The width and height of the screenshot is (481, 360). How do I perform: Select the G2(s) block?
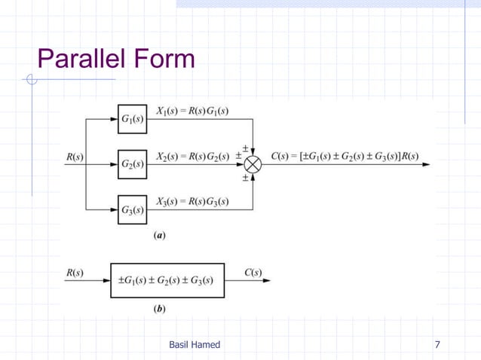pyautogui.click(x=133, y=163)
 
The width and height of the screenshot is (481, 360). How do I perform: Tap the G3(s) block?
pyautogui.click(x=133, y=209)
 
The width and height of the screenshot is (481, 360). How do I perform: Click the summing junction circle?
pyautogui.click(x=256, y=163)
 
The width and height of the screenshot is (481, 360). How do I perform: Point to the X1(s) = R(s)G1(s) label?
pyautogui.click(x=192, y=111)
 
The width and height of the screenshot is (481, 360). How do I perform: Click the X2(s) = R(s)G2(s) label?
pyautogui.click(x=192, y=157)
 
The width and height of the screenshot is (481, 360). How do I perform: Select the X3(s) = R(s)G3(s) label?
pyautogui.click(x=192, y=202)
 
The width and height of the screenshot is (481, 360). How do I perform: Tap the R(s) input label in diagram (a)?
pyautogui.click(x=75, y=157)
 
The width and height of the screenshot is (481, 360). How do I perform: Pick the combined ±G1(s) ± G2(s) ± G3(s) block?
pyautogui.click(x=167, y=281)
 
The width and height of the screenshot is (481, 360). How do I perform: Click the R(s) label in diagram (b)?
pyautogui.click(x=75, y=272)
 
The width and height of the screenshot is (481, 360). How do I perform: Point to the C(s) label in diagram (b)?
pyautogui.click(x=253, y=272)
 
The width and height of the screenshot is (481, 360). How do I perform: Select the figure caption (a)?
pyautogui.click(x=160, y=235)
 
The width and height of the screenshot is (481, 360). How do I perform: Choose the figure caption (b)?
pyautogui.click(x=160, y=308)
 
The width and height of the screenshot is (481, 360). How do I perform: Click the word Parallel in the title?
pyautogui.click(x=84, y=58)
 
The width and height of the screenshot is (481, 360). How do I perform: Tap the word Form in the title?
pyautogui.click(x=166, y=58)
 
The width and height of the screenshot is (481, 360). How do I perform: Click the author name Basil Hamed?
pyautogui.click(x=195, y=345)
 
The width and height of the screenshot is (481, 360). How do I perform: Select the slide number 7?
pyautogui.click(x=438, y=345)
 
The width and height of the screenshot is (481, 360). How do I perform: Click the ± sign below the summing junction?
pyautogui.click(x=246, y=179)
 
